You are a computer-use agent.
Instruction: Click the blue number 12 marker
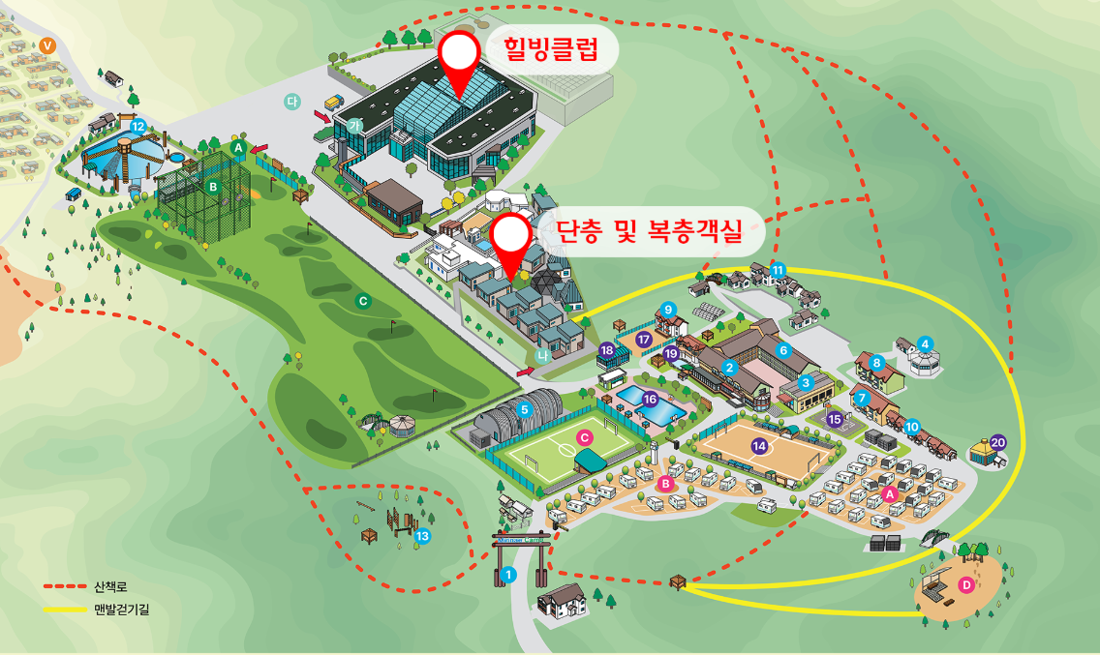pyautogui.click(x=137, y=126)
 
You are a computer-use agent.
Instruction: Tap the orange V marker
pyautogui.click(x=47, y=45)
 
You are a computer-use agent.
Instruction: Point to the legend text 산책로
pyautogui.click(x=110, y=587)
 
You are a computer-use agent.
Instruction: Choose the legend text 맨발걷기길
pyautogui.click(x=121, y=610)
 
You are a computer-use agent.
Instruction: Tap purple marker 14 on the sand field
pyautogui.click(x=759, y=446)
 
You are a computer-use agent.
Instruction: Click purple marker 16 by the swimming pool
pyautogui.click(x=651, y=399)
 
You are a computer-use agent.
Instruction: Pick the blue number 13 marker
pyautogui.click(x=422, y=537)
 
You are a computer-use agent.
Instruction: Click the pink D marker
pyautogui.click(x=965, y=584)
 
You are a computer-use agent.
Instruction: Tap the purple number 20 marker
pyautogui.click(x=997, y=442)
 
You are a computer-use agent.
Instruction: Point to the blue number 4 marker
pyautogui.click(x=925, y=342)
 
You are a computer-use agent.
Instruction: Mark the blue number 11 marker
pyautogui.click(x=777, y=269)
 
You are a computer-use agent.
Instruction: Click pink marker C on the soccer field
pyautogui.click(x=584, y=437)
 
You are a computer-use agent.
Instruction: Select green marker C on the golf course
pyautogui.click(x=363, y=301)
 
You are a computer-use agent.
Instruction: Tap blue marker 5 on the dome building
pyautogui.click(x=524, y=409)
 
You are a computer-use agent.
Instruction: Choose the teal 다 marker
pyautogui.click(x=291, y=101)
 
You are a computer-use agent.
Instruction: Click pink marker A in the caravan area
pyautogui.click(x=890, y=492)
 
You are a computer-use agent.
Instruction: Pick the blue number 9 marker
pyautogui.click(x=667, y=309)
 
